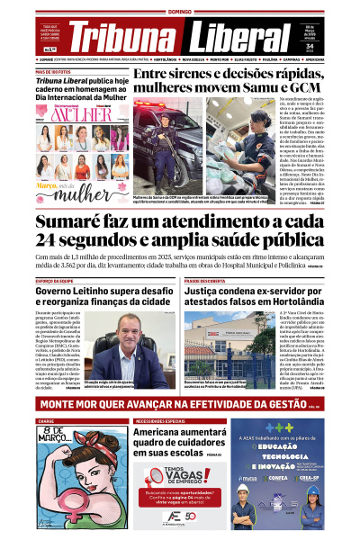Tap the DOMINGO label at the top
(x=181, y=12)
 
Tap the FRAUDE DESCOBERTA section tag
(x=208, y=281)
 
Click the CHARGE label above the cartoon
(x=46, y=420)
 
